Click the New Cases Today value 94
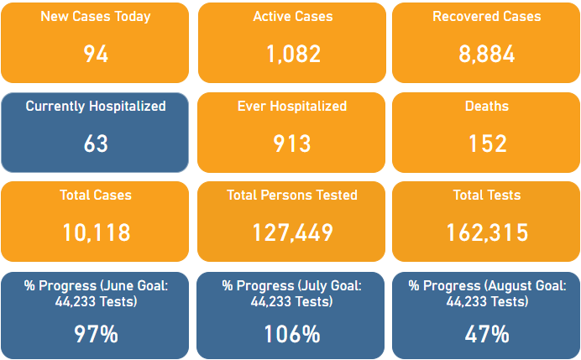[x=96, y=54]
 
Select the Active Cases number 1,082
[x=293, y=54]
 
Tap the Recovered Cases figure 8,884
[x=486, y=54]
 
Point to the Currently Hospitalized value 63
[x=96, y=143]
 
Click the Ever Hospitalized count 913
[x=292, y=143]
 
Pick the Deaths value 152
[x=487, y=143]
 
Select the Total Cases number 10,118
[x=96, y=232]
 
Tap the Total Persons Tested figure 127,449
[x=292, y=232]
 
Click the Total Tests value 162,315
[x=487, y=232]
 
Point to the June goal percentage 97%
[x=96, y=334]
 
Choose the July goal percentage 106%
[x=292, y=334]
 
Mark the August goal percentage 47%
[x=487, y=334]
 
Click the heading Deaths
[x=487, y=106]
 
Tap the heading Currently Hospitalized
[x=96, y=107]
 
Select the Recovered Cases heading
[x=487, y=16]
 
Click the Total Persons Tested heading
[x=292, y=195]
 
